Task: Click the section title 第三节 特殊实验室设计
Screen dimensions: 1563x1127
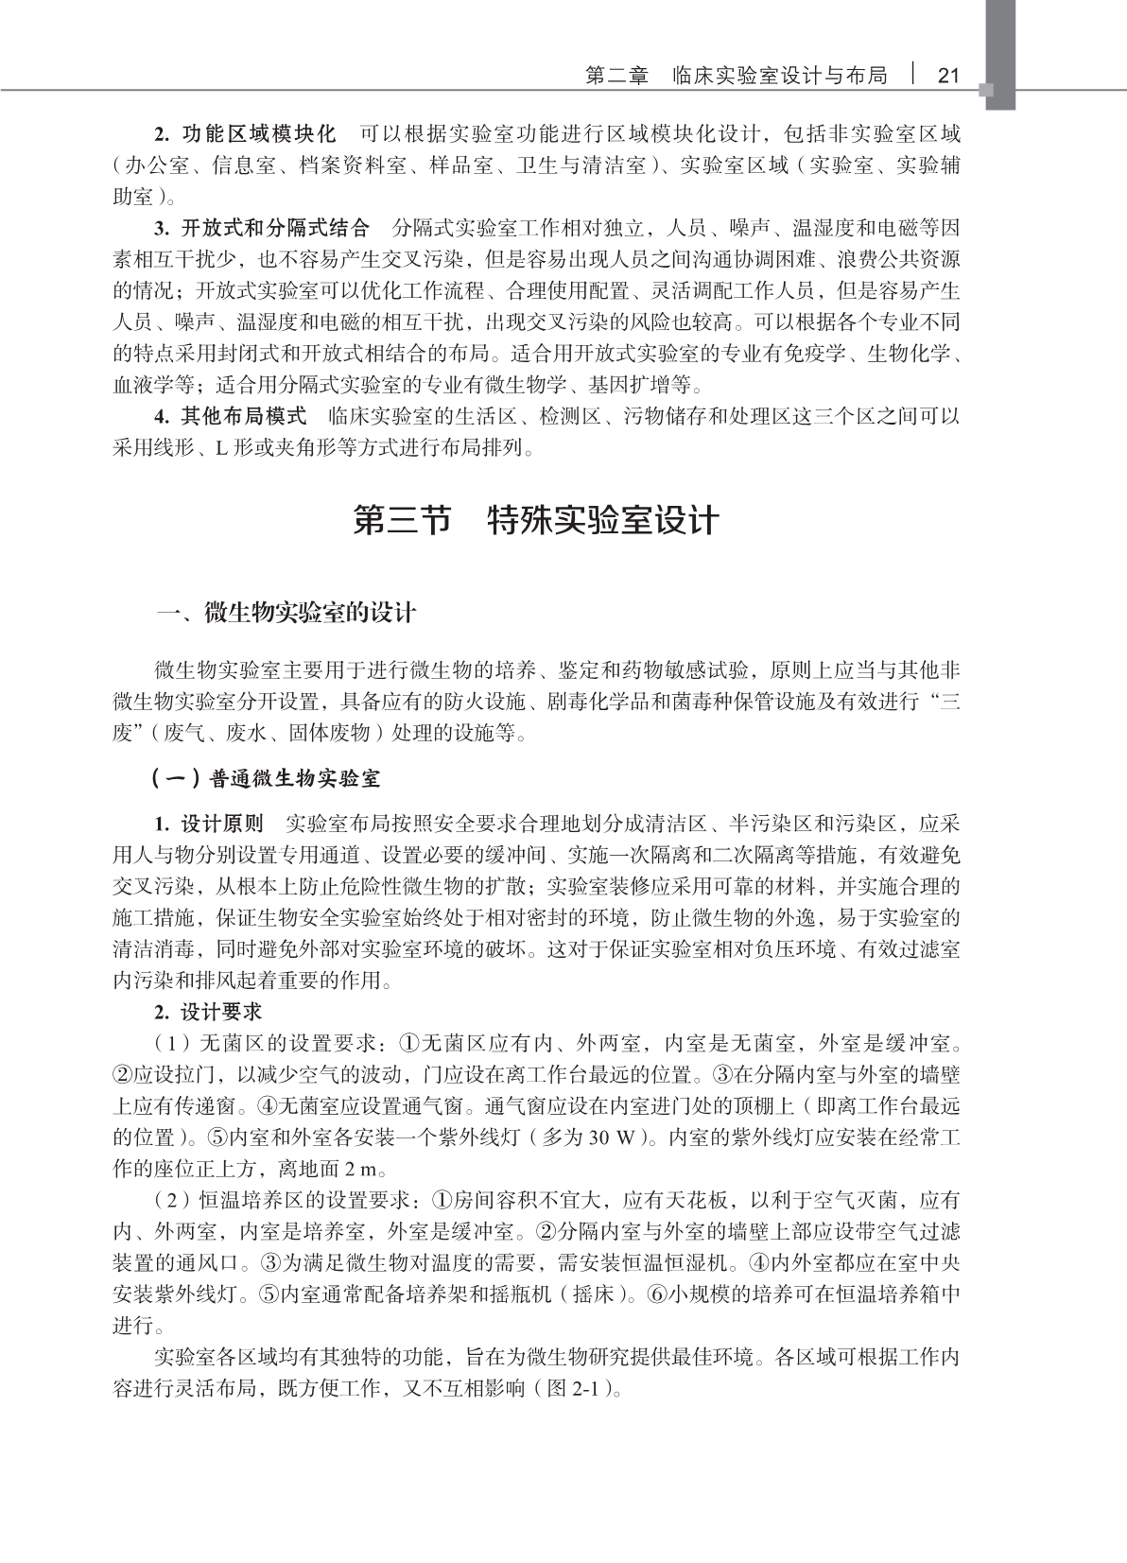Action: [536, 521]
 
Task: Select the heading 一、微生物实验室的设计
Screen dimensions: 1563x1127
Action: [286, 613]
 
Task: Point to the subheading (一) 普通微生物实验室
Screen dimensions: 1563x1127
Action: [267, 778]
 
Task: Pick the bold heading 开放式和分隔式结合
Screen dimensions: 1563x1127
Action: [275, 227]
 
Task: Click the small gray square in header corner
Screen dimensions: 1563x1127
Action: [987, 91]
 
